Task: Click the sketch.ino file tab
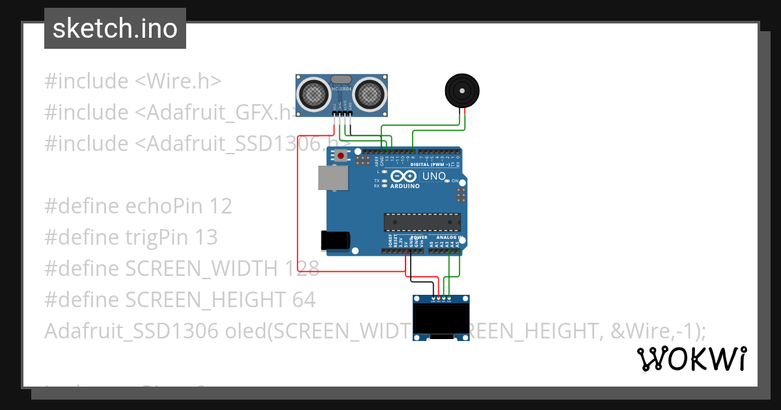[x=115, y=29]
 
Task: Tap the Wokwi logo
[x=691, y=359]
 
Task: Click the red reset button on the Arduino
[x=340, y=156]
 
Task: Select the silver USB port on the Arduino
[x=333, y=178]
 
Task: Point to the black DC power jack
[x=335, y=240]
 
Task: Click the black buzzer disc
[x=463, y=90]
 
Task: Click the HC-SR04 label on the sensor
[x=342, y=89]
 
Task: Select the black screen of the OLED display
[x=442, y=319]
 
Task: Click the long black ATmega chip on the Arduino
[x=422, y=222]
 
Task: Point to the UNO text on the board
[x=434, y=176]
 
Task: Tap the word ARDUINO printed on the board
[x=405, y=186]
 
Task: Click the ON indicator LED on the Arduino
[x=448, y=180]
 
